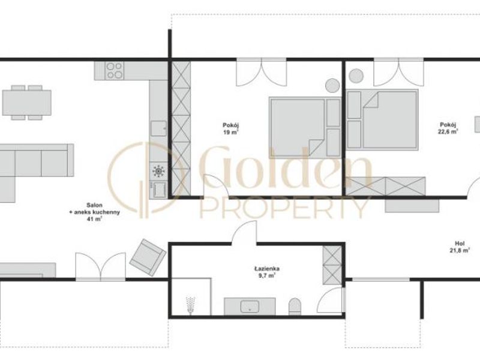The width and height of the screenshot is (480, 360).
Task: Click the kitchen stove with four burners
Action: [x=115, y=71]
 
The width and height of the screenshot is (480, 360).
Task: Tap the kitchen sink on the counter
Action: [x=158, y=128]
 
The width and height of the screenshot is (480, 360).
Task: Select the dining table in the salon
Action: [x=26, y=103]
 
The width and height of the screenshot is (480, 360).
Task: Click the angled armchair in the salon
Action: [x=148, y=257]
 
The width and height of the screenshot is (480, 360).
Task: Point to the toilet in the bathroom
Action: [x=295, y=306]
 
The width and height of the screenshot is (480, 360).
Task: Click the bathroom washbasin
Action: [x=250, y=306]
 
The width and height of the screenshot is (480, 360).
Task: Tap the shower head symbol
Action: [x=191, y=305]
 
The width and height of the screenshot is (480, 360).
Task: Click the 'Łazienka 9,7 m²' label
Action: [x=267, y=272]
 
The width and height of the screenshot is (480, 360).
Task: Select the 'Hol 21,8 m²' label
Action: [x=460, y=247]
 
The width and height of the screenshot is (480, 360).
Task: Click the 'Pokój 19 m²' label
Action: [x=231, y=128]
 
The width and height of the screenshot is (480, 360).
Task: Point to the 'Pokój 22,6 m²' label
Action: [x=448, y=128]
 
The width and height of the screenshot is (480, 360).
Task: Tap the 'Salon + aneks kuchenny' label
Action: [x=94, y=208]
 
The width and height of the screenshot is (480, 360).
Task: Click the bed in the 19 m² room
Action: [x=305, y=127]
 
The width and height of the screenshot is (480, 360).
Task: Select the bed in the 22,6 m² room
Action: [x=382, y=119]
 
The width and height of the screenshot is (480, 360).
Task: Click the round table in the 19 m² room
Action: [x=332, y=85]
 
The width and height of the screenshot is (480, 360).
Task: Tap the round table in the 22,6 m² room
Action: [x=356, y=76]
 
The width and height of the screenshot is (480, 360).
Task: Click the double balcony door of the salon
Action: [x=100, y=266]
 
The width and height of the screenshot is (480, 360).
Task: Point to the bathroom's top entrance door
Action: [x=244, y=233]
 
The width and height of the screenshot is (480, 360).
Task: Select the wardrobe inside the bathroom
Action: [x=332, y=265]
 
